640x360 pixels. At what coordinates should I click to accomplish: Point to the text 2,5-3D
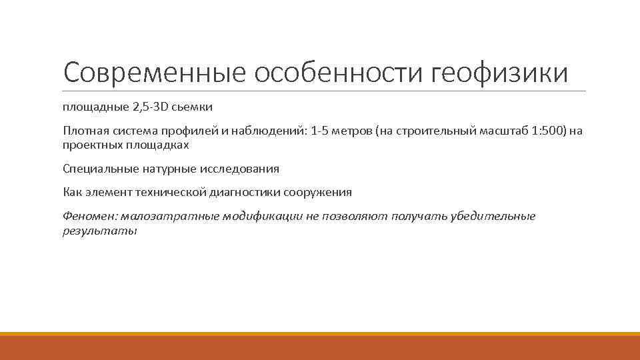pyautogui.click(x=149, y=107)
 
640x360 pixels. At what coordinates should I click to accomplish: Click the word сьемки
pyautogui.click(x=195, y=107)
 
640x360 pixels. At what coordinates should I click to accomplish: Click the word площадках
pyautogui.click(x=157, y=145)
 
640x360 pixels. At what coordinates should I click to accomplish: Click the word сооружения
pyautogui.click(x=317, y=193)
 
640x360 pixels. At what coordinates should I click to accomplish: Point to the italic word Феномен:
pyautogui.click(x=88, y=217)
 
